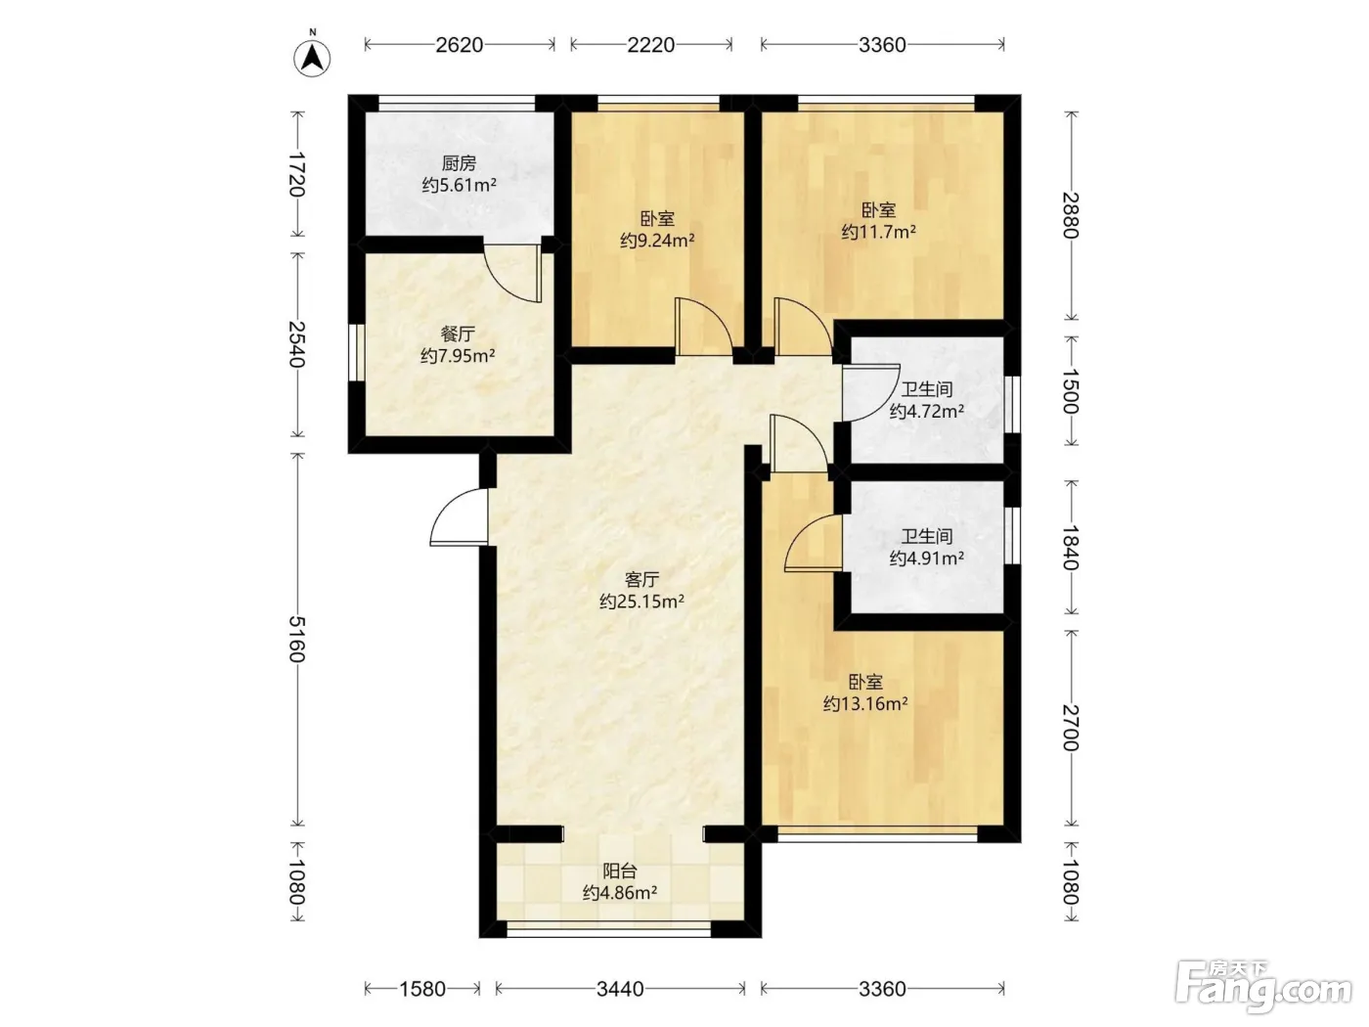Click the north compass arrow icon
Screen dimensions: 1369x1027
(312, 58)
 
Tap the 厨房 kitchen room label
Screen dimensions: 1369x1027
(459, 163)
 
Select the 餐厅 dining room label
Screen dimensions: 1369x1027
(458, 335)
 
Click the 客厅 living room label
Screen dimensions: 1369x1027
(641, 580)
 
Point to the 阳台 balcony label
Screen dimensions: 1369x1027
(620, 871)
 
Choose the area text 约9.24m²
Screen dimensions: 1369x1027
(657, 240)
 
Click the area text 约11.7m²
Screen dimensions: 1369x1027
(879, 232)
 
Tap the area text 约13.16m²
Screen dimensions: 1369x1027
(865, 704)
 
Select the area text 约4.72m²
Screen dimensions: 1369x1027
(927, 412)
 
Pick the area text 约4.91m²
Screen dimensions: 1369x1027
(927, 558)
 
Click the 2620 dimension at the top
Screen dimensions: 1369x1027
(460, 45)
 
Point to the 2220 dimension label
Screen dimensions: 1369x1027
(651, 45)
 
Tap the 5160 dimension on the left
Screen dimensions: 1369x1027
(297, 639)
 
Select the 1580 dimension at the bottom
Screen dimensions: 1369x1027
(422, 989)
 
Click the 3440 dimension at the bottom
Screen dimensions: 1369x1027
(620, 989)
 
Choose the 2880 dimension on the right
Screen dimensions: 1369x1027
(1071, 216)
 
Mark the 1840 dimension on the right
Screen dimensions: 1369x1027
(1071, 548)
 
